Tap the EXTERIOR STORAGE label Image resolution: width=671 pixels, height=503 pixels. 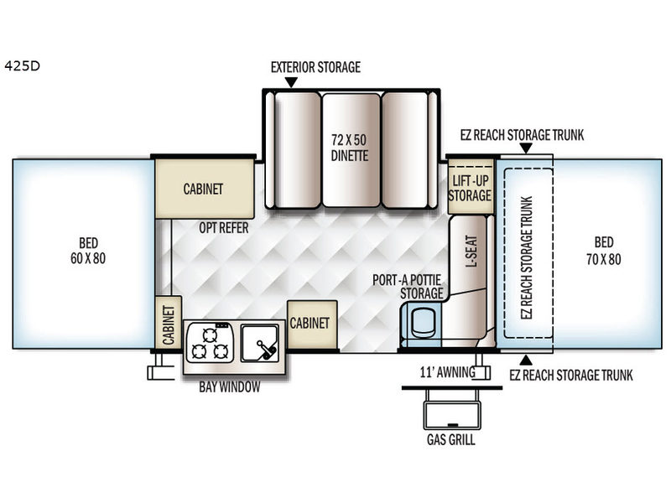click(315, 67)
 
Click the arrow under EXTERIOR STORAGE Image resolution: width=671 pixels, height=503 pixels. click(291, 82)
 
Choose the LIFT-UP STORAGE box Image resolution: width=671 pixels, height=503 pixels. click(470, 188)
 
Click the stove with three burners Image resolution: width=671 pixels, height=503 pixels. click(210, 343)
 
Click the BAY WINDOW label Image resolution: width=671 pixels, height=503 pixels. click(229, 386)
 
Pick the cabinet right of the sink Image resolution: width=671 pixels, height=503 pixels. click(312, 323)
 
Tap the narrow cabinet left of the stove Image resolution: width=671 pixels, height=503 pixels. click(168, 324)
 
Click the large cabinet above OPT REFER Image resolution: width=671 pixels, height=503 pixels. click(204, 189)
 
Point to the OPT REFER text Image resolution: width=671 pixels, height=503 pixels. click(221, 226)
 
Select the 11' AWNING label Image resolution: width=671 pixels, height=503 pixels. click(447, 372)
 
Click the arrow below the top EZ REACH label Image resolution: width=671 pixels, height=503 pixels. click(525, 149)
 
